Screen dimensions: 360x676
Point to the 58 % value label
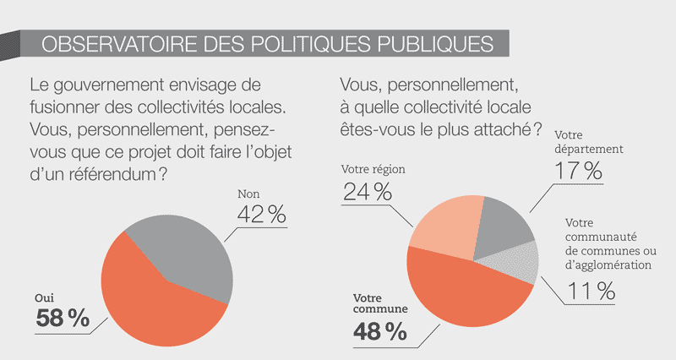tap(63, 319)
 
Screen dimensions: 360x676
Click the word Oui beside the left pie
tap(44, 297)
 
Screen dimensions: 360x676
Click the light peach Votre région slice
tap(443, 230)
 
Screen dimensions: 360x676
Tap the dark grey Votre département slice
tap(502, 224)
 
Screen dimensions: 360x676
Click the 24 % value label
tap(367, 191)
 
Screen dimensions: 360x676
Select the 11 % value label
tap(591, 292)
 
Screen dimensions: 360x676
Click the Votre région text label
tap(373, 169)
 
